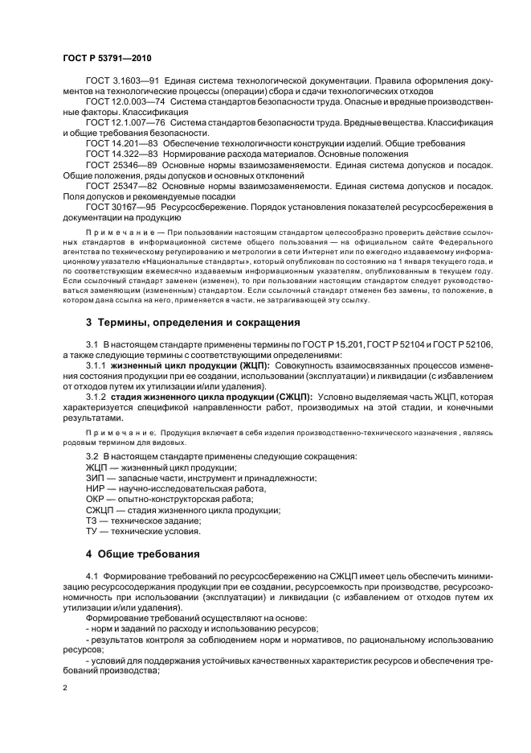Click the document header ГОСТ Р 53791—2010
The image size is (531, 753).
(x=107, y=58)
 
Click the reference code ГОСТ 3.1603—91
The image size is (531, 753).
(x=121, y=82)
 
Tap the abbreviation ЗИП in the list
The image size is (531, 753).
(x=96, y=478)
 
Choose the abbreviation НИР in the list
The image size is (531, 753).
(x=96, y=488)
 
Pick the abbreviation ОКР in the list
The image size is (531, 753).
(x=96, y=499)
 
